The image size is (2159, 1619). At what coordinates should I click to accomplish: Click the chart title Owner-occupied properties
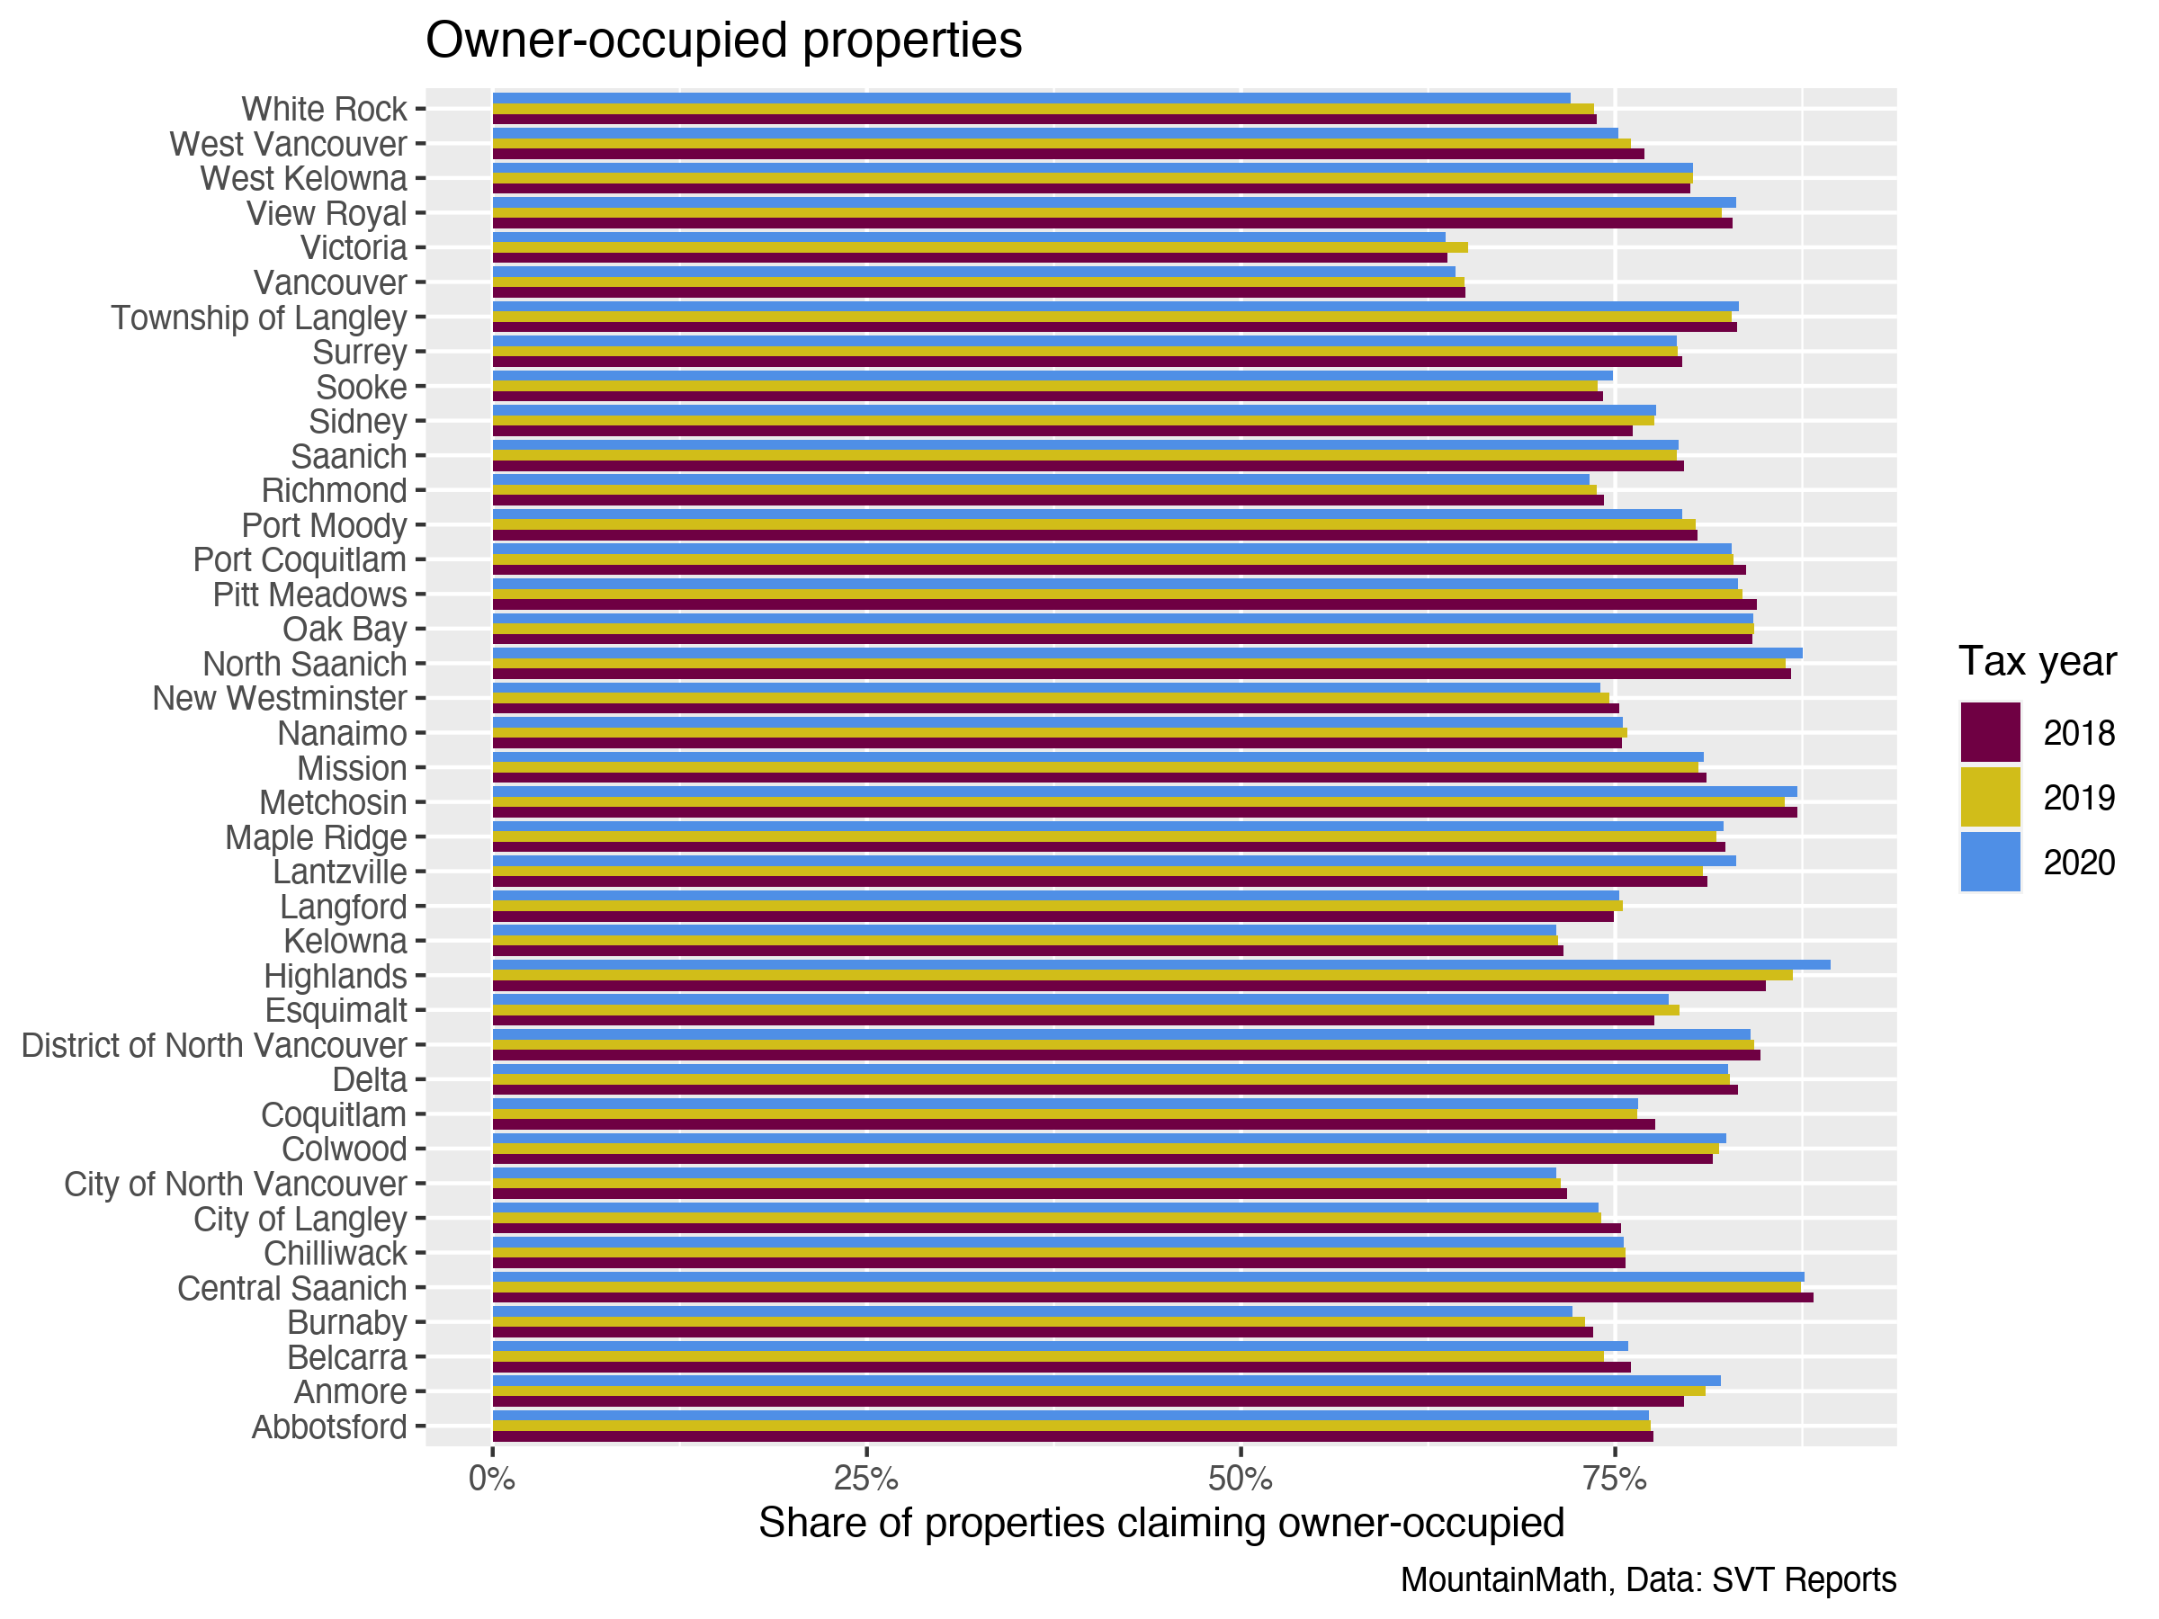pos(723,41)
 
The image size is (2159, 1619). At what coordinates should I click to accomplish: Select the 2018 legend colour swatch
pos(1989,732)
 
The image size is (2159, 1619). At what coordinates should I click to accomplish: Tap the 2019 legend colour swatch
pos(1989,797)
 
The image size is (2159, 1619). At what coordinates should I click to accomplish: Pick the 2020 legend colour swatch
pos(1989,862)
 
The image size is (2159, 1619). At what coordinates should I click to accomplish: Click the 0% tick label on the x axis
pos(491,1480)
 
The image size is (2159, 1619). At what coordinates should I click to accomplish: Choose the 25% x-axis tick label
pos(864,1480)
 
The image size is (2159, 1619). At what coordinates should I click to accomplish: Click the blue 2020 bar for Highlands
pos(1160,965)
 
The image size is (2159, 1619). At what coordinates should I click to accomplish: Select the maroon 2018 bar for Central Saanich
pos(1151,1298)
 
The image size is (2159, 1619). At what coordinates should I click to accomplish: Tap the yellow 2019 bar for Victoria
pos(979,247)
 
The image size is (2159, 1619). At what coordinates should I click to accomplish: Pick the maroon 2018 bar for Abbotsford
pos(1071,1436)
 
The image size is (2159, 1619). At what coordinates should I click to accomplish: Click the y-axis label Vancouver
pos(330,283)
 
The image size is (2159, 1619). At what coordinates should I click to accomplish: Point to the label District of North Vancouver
pos(214,1045)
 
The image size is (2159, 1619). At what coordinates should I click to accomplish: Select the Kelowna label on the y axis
pos(345,942)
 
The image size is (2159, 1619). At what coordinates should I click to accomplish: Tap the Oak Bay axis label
pos(345,630)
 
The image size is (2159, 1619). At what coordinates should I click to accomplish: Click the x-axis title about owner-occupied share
pos(1160,1524)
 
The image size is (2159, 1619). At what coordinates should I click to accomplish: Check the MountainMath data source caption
pos(1647,1580)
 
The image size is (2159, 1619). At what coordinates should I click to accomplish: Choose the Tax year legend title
pos(2037,662)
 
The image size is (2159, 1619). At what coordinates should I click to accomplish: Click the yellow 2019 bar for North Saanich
pos(1138,664)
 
